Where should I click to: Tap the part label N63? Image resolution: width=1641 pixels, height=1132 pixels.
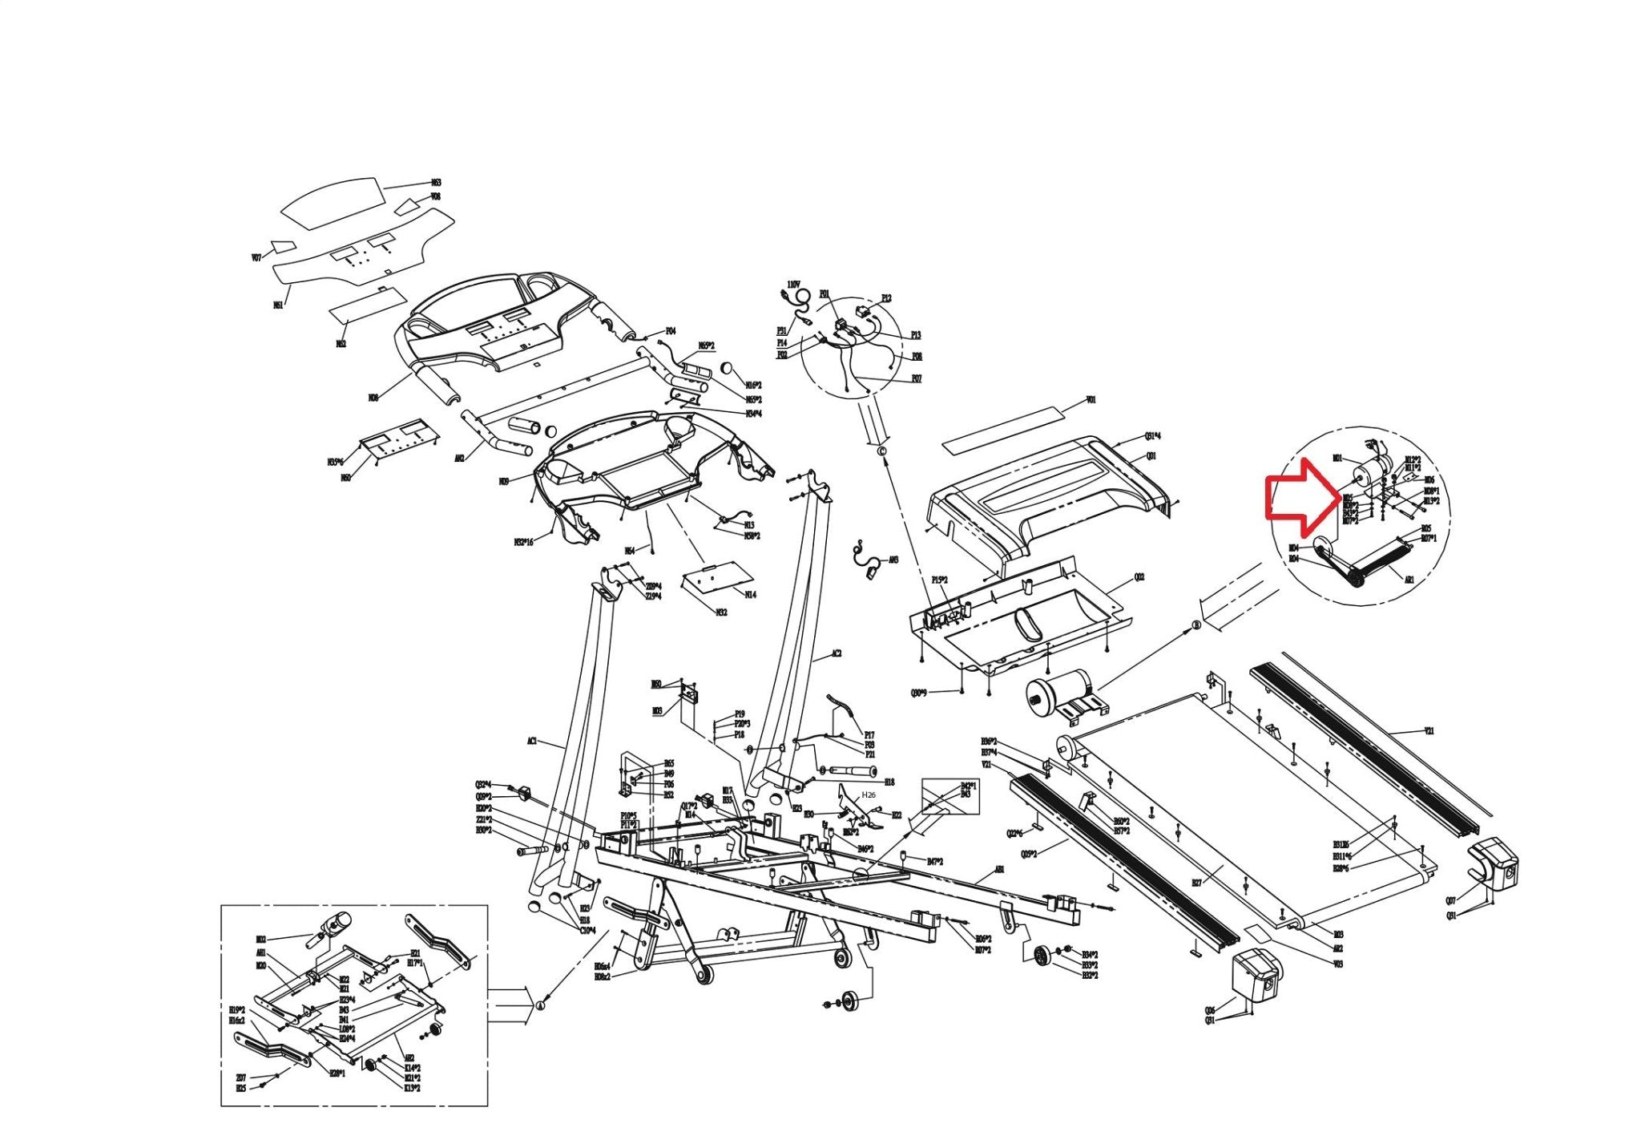click(436, 183)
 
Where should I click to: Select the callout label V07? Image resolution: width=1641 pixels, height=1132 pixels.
click(256, 258)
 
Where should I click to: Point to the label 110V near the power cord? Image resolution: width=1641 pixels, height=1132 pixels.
click(793, 285)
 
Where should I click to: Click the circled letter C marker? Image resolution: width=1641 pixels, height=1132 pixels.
click(882, 451)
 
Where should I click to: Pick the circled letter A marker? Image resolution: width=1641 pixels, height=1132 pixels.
click(539, 1005)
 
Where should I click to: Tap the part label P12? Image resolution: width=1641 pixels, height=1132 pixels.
click(886, 298)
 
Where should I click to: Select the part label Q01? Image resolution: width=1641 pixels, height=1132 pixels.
click(1151, 455)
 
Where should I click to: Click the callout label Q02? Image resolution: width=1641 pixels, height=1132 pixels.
click(1139, 577)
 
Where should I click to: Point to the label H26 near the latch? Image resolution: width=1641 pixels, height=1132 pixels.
click(869, 794)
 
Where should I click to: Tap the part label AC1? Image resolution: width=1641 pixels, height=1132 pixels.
click(531, 742)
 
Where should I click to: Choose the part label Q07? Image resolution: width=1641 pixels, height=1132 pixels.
click(1450, 900)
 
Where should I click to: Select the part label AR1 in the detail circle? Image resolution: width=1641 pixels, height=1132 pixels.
click(1409, 579)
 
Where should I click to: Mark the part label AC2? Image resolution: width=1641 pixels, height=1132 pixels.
click(836, 654)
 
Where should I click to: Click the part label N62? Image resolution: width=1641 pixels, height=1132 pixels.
click(341, 344)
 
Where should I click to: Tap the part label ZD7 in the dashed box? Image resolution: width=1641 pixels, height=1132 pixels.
click(240, 1077)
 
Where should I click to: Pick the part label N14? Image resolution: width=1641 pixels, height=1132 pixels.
click(750, 595)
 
